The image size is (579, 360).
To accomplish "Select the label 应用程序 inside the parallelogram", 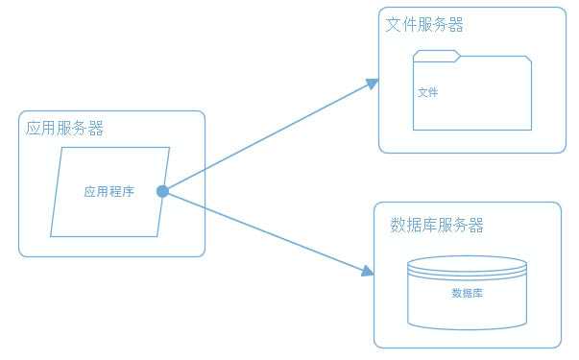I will pos(109,192).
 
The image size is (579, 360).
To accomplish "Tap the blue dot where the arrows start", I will pos(162,191).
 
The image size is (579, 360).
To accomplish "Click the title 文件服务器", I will pos(424,25).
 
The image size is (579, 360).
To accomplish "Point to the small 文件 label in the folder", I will pos(428,93).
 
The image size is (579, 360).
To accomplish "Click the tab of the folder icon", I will pos(437,54).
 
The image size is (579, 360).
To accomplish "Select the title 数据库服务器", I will pos(437,226).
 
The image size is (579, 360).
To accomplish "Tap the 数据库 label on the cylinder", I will pos(467,293).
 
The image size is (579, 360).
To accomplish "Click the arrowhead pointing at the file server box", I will pos(373,84).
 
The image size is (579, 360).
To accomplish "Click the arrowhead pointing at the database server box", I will pos(368,272).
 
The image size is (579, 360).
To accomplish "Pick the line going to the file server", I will pos(269,136).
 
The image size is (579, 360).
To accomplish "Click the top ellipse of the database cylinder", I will pos(467,262).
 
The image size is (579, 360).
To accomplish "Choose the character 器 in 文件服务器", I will pos(456,25).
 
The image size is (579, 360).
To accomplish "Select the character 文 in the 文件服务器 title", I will pos(393,25).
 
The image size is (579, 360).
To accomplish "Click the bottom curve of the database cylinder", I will pos(467,327).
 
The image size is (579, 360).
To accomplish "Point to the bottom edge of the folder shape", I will pos(472,130).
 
